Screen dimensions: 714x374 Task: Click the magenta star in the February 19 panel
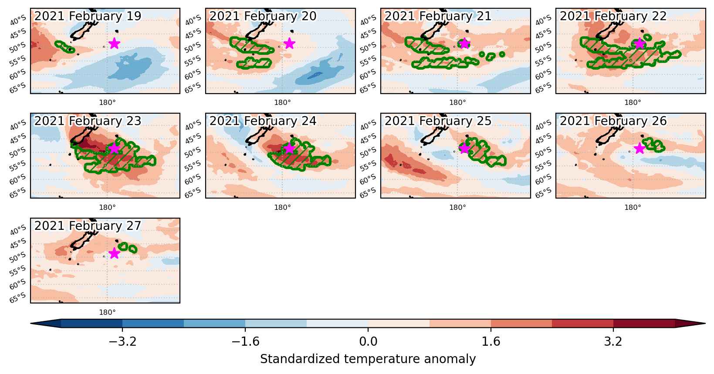coord(114,44)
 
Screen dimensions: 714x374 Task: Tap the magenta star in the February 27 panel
coord(114,253)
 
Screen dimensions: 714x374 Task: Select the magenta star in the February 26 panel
coord(640,148)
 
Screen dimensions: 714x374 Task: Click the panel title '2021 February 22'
coord(613,16)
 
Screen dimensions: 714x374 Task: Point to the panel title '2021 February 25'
coord(438,121)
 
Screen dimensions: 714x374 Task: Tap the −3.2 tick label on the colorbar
coord(123,341)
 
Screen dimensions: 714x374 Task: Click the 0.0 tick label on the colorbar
coord(368,341)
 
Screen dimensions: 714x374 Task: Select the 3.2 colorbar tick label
coord(613,341)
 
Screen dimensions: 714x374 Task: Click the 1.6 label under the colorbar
coord(491,341)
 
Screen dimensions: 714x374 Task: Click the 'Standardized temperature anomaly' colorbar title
coord(368,359)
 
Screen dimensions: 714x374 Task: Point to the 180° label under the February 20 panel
coord(282,103)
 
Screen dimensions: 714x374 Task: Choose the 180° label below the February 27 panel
coord(108,312)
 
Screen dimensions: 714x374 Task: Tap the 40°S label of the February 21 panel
coord(368,20)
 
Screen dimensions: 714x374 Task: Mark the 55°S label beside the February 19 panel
coord(18,61)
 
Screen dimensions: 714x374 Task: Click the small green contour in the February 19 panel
coord(65,47)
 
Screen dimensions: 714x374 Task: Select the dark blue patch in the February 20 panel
coord(315,75)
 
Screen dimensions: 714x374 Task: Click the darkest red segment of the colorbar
coord(644,323)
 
